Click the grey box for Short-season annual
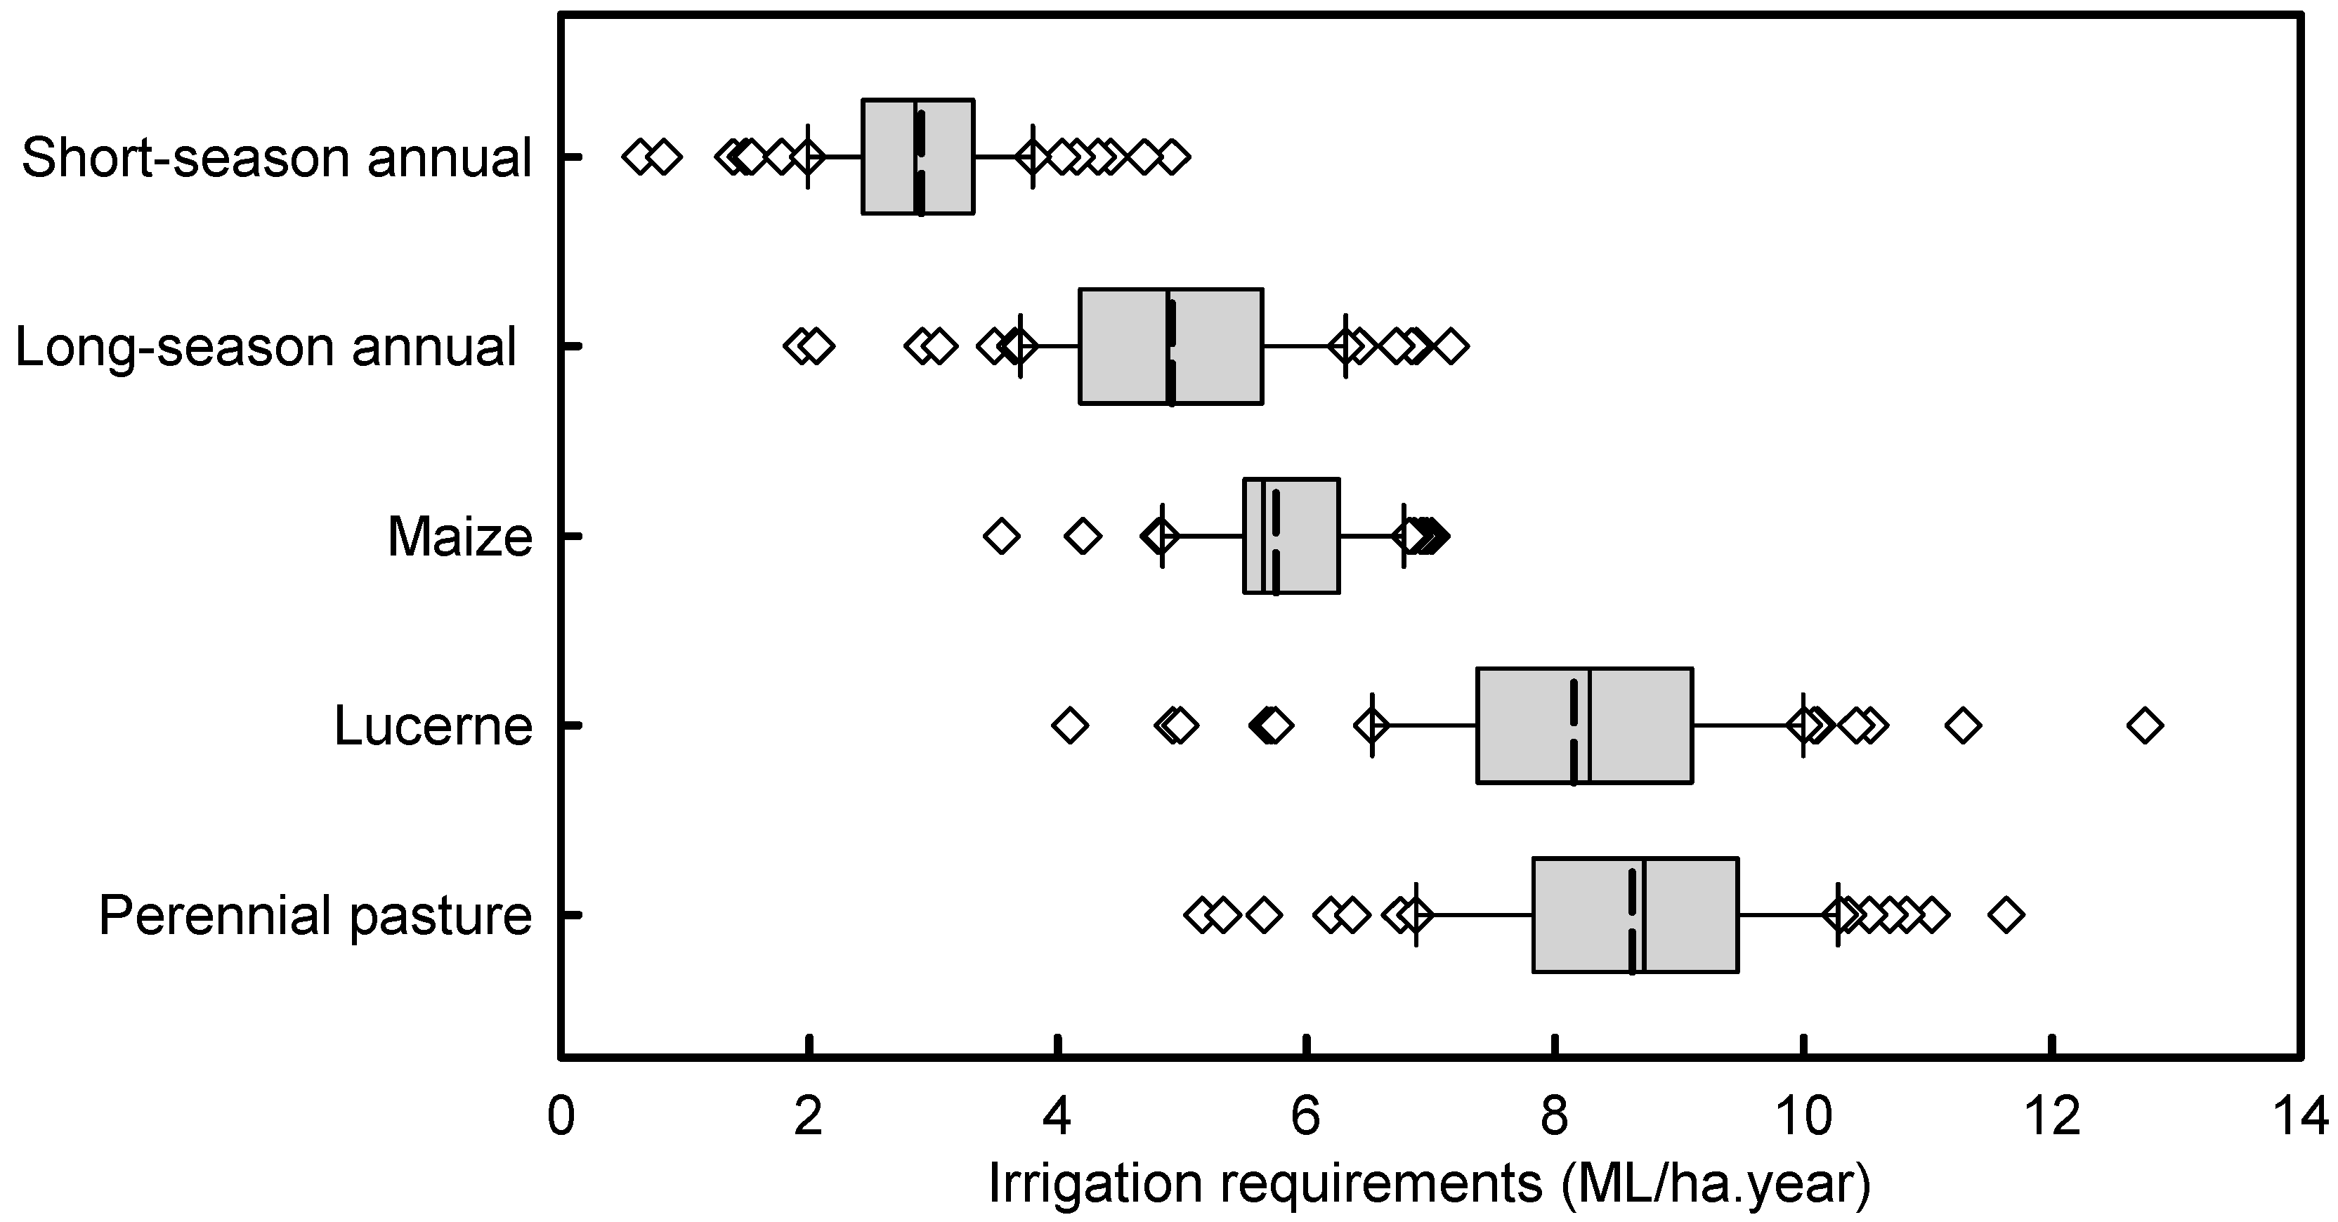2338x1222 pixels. click(x=917, y=157)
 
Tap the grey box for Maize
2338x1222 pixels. click(x=1291, y=535)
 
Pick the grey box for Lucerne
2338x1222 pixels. click(x=1583, y=725)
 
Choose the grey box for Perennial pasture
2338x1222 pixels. click(x=1635, y=914)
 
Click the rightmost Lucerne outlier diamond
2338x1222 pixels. click(x=2145, y=725)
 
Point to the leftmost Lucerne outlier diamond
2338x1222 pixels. click(x=1070, y=725)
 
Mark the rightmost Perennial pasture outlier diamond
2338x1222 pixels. click(x=2006, y=914)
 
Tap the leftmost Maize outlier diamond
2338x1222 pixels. click(x=1001, y=535)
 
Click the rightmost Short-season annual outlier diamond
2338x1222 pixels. click(x=1173, y=157)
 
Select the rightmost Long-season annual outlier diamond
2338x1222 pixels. click(x=1451, y=346)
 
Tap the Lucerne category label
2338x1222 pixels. click(x=433, y=725)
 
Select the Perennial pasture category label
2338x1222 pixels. click(x=315, y=914)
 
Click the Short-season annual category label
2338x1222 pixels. click(x=276, y=158)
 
